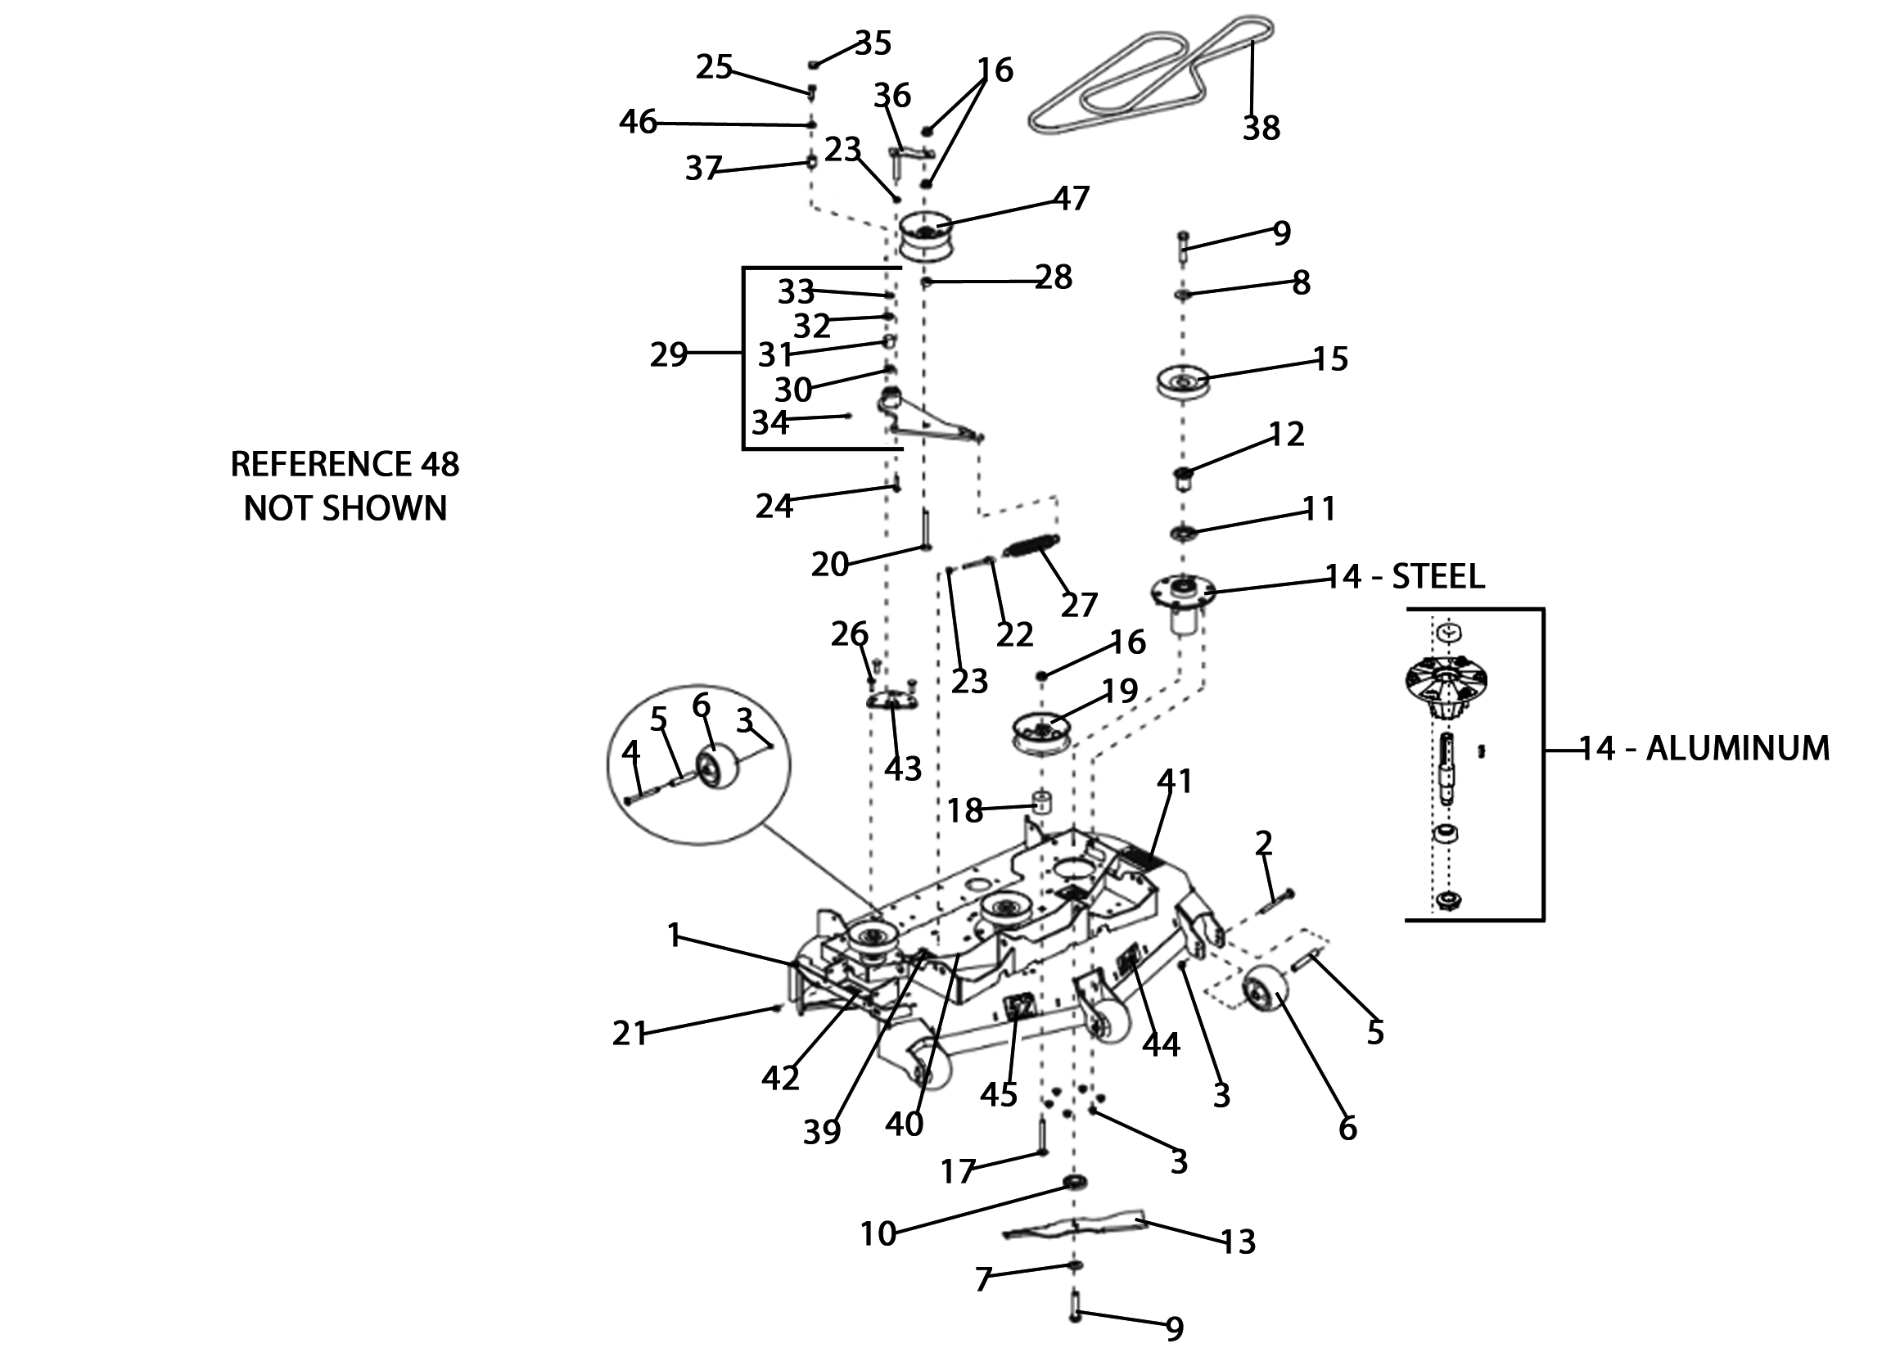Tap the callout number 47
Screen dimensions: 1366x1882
[x=1071, y=198]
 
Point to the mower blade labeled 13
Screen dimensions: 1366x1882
[x=1075, y=1226]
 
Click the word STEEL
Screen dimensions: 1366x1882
[x=1437, y=577]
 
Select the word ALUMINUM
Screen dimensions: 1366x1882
[x=1738, y=749]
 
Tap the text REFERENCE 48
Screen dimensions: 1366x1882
[x=345, y=464]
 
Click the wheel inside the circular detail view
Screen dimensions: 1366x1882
[x=719, y=767]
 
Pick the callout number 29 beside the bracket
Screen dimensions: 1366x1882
[x=669, y=355]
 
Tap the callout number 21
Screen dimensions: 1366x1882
[x=629, y=1034]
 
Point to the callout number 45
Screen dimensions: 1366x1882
[x=998, y=1095]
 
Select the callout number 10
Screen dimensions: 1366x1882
[x=878, y=1234]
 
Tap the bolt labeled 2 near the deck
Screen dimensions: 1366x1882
[x=1279, y=900]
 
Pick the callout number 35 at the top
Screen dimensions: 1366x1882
[x=873, y=43]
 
